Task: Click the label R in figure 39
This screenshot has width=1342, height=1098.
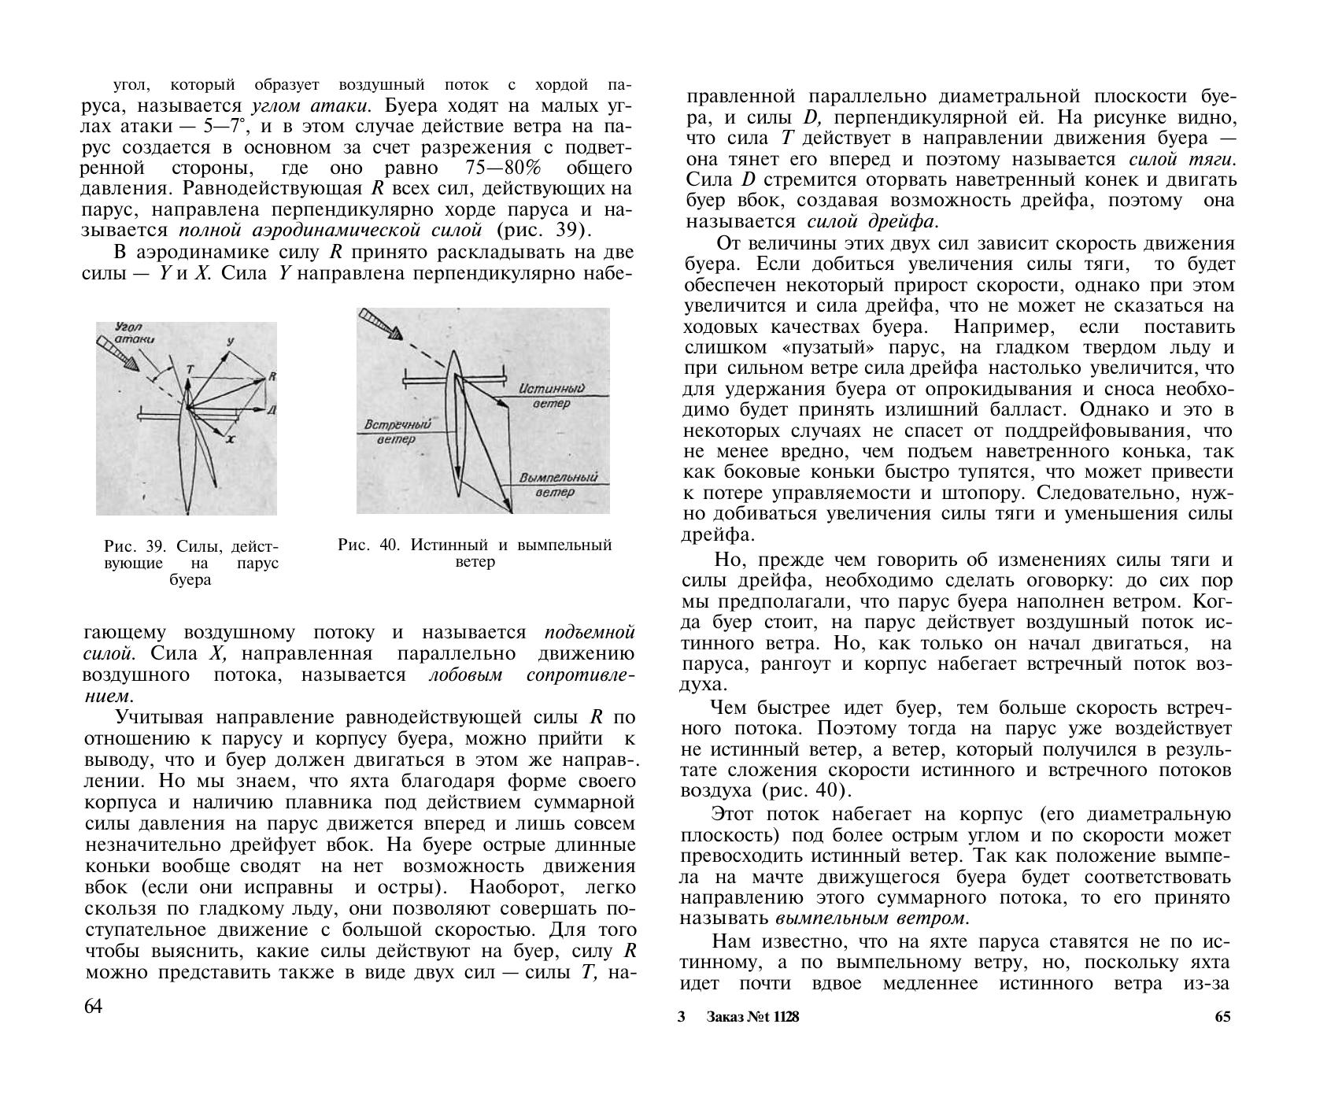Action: coord(272,376)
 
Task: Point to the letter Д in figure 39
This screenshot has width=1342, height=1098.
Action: coord(270,410)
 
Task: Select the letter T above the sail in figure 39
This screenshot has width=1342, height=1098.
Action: coord(189,368)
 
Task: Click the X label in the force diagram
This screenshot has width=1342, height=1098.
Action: coord(231,441)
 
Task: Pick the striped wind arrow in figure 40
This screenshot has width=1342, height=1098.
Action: coord(378,324)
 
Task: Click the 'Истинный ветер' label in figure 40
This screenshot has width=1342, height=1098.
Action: coord(555,396)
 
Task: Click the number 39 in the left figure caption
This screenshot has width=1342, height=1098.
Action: coord(158,546)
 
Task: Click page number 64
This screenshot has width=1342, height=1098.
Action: coord(93,1007)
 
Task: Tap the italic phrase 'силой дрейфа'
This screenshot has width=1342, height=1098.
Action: coord(873,221)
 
